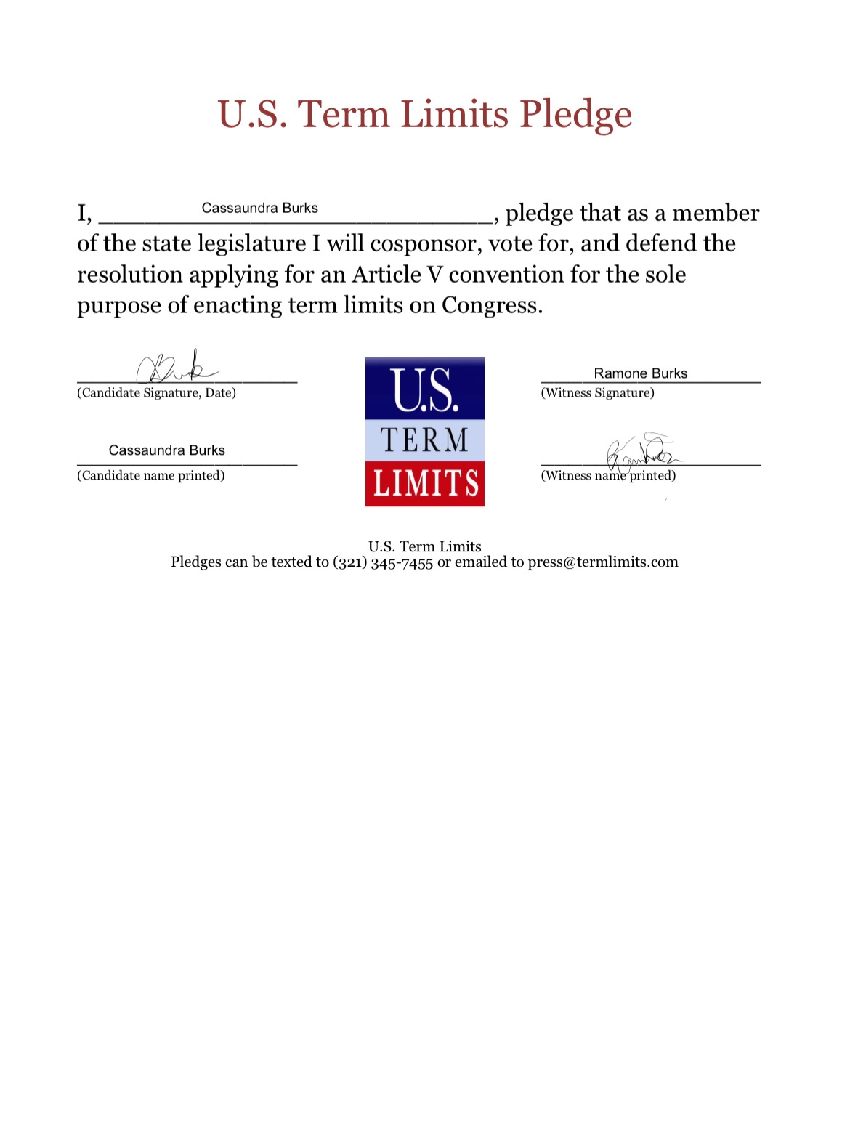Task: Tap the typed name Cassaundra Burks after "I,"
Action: pyautogui.click(x=259, y=209)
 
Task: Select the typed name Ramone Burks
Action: pyautogui.click(x=640, y=373)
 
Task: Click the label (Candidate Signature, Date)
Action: pyautogui.click(x=156, y=393)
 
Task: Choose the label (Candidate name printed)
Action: pyautogui.click(x=150, y=476)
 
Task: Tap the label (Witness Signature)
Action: pyautogui.click(x=597, y=393)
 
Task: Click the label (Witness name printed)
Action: pyautogui.click(x=608, y=476)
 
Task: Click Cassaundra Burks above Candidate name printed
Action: pyautogui.click(x=166, y=450)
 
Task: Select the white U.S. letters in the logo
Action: pyautogui.click(x=424, y=390)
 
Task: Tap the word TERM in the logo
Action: pyautogui.click(x=424, y=440)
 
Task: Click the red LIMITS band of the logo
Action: pyautogui.click(x=425, y=484)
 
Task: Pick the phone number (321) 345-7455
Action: pyautogui.click(x=383, y=562)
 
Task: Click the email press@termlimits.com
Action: pyautogui.click(x=602, y=562)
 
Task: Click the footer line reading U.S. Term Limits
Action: pyautogui.click(x=424, y=546)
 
